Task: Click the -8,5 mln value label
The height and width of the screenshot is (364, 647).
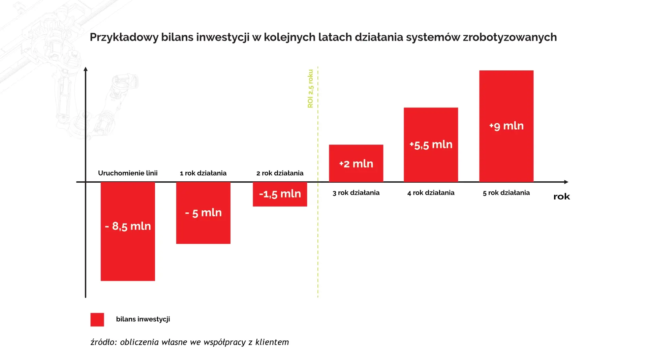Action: [128, 226]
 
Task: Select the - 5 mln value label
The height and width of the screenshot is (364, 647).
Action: [203, 213]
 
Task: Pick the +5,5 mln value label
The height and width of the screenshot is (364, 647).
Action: [431, 145]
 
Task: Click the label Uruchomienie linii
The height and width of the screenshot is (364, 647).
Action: [128, 173]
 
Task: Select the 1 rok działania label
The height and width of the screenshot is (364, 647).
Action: [203, 173]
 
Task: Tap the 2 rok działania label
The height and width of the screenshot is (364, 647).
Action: [280, 173]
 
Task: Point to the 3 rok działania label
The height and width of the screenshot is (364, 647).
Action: [356, 193]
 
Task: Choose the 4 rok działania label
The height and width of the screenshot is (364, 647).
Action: [431, 193]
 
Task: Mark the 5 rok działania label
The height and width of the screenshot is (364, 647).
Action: [506, 193]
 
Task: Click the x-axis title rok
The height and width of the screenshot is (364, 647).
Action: [561, 197]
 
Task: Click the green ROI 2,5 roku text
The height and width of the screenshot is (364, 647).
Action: [310, 89]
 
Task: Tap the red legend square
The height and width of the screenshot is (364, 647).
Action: [97, 320]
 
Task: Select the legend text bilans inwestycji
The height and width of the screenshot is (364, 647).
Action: [143, 319]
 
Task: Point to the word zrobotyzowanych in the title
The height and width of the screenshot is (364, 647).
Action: [510, 37]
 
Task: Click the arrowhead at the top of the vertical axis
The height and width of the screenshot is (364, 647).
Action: [86, 69]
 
